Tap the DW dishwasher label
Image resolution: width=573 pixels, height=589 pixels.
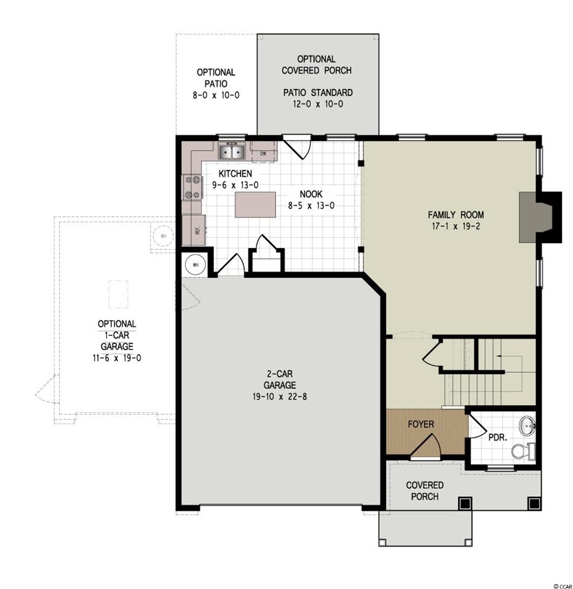pyautogui.click(x=263, y=154)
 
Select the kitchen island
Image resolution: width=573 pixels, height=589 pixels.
pyautogui.click(x=255, y=205)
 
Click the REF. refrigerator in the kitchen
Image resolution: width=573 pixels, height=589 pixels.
pyautogui.click(x=194, y=230)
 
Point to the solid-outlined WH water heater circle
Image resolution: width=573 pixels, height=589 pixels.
pyautogui.click(x=196, y=265)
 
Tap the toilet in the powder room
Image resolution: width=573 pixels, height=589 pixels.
pyautogui.click(x=524, y=451)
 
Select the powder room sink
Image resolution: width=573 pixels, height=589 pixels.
pyautogui.click(x=528, y=426)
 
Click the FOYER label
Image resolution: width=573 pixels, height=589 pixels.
pyautogui.click(x=421, y=424)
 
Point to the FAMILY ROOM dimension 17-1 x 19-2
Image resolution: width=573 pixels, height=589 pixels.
pyautogui.click(x=456, y=227)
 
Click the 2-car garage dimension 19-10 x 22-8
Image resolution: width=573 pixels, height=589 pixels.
pyautogui.click(x=280, y=397)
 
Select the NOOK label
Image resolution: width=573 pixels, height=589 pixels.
pyautogui.click(x=311, y=194)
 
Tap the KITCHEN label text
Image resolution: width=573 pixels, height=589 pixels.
pyautogui.click(x=235, y=174)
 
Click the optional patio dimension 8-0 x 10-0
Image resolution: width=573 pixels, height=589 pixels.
pyautogui.click(x=216, y=95)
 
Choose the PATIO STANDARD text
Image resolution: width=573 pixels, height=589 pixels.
pyautogui.click(x=318, y=92)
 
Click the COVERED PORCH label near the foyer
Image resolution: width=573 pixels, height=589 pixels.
pyautogui.click(x=425, y=491)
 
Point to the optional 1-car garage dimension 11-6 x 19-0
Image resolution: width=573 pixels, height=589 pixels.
pyautogui.click(x=117, y=358)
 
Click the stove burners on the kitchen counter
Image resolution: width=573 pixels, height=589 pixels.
pyautogui.click(x=193, y=187)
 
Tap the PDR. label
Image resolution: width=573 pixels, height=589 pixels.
pyautogui.click(x=498, y=438)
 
